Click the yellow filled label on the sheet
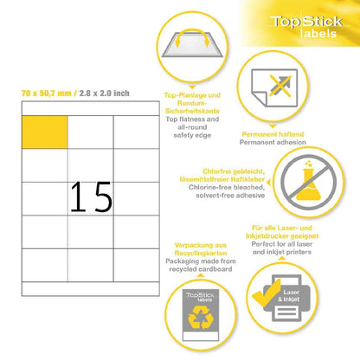click(45, 132)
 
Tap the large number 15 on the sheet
click(91, 197)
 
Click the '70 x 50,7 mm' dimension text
click(46, 93)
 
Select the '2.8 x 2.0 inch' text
click(104, 93)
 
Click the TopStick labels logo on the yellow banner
click(306, 27)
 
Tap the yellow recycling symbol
click(201, 318)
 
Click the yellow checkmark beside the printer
click(267, 292)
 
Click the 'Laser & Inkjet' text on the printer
click(289, 296)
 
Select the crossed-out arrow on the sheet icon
click(280, 86)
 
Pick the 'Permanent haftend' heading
click(273, 134)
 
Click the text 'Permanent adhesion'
click(273, 142)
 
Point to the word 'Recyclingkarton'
click(201, 254)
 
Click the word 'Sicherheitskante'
click(192, 111)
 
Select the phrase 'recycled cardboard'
click(201, 269)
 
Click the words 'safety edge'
click(192, 135)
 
